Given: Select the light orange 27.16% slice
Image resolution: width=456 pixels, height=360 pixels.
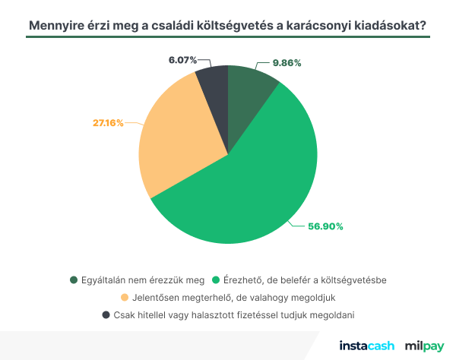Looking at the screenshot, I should pos(179,144).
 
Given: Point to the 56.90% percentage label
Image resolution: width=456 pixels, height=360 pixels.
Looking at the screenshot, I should pos(325,226).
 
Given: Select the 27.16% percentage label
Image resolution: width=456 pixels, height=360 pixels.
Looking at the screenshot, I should pos(108,122).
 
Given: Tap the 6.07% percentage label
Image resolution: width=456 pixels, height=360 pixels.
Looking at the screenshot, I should pos(183,58).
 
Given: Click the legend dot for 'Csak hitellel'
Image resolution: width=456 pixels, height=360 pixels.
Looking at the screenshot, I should pos(104,314).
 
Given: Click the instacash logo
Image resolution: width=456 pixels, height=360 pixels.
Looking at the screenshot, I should pos(367,346).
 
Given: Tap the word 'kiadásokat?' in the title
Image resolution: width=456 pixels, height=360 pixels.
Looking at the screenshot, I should pos(388,25).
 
